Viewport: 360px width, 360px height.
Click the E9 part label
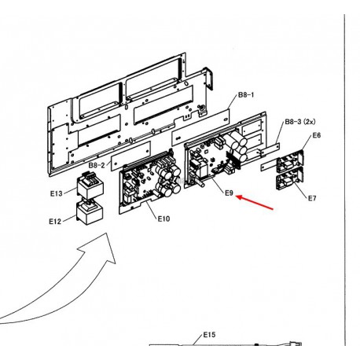coord(229,193)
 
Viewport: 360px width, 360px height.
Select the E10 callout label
coord(163,219)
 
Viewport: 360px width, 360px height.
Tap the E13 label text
coord(57,193)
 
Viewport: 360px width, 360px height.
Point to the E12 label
coord(55,222)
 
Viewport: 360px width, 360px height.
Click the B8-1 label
coord(246,95)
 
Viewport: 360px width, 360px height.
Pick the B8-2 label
coord(97,165)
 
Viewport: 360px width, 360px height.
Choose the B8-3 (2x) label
coord(300,122)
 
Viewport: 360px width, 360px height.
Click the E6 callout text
coord(317,135)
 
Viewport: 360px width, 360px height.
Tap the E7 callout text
coord(312,198)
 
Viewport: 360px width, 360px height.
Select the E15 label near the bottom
coord(209,335)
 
